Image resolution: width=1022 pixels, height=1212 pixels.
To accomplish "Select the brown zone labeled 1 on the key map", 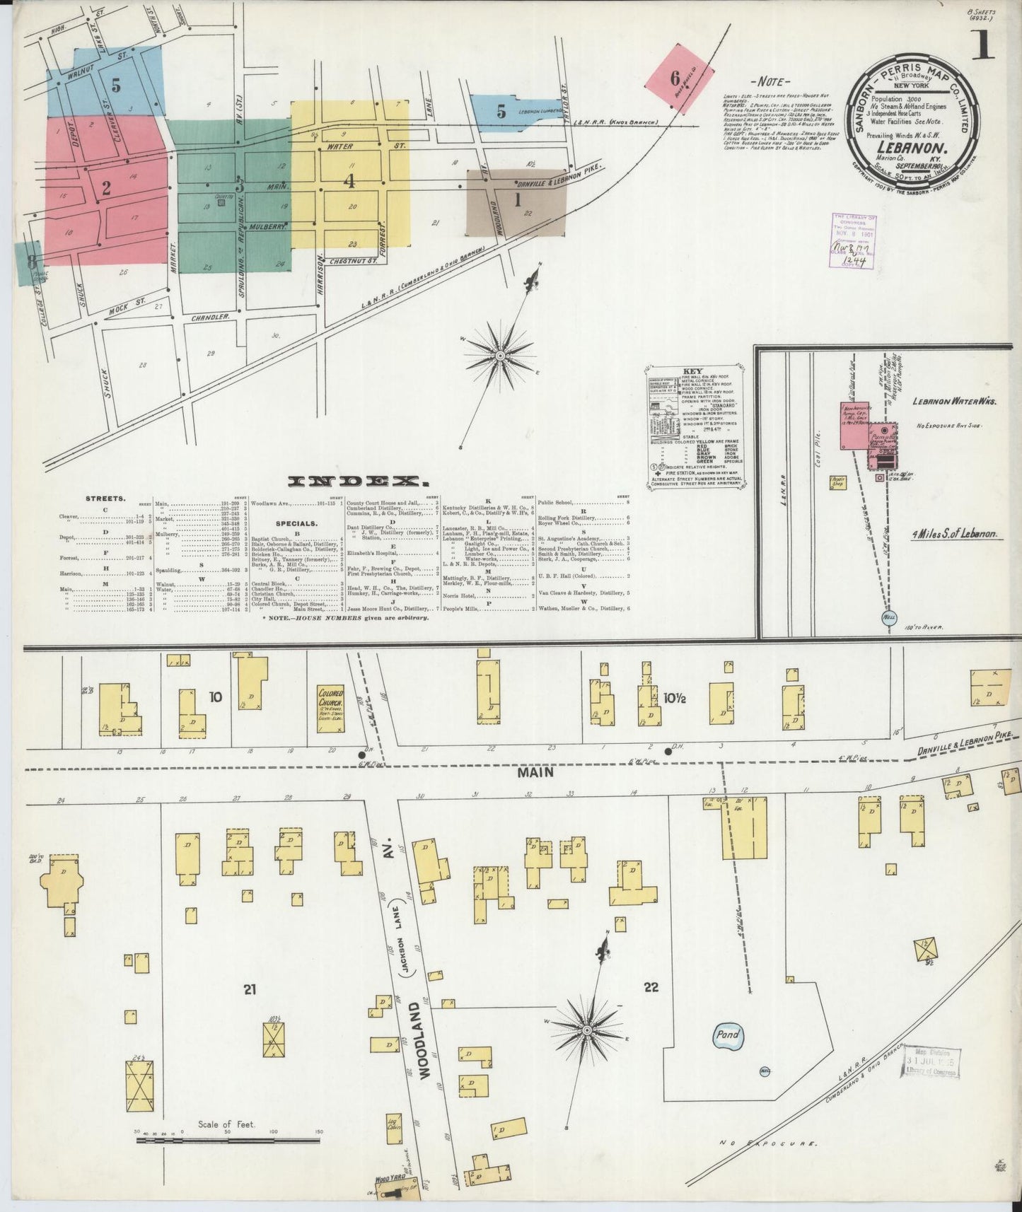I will (x=517, y=202).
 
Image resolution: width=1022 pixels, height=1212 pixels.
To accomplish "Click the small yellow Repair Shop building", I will (x=838, y=482).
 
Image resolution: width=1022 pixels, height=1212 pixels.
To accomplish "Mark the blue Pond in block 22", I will (x=728, y=1035).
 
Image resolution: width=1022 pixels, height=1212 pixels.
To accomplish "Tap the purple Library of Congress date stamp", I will (x=854, y=241).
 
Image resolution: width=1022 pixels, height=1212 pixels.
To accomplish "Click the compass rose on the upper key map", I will (x=500, y=354).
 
